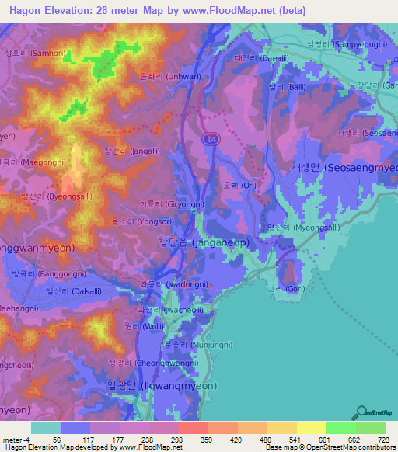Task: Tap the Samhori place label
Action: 25,53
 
